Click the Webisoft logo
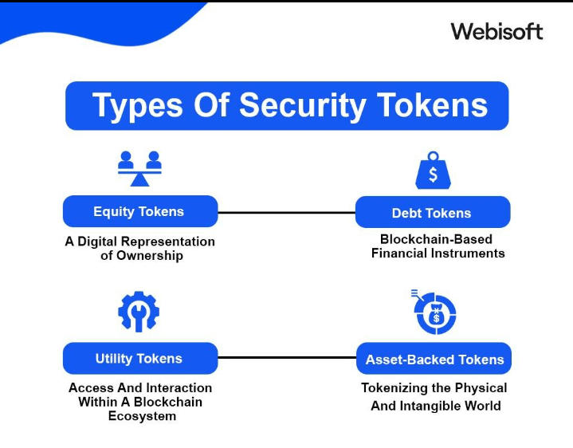(496, 31)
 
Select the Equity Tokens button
(139, 211)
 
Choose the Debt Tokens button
(432, 213)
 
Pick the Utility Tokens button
(139, 359)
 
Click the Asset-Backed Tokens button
(434, 360)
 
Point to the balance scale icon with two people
(139, 168)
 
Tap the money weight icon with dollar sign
(433, 171)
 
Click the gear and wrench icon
(139, 312)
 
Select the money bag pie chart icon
(435, 312)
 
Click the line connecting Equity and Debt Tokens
(286, 213)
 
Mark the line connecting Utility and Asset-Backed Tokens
(286, 359)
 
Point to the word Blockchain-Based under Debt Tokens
(436, 239)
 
